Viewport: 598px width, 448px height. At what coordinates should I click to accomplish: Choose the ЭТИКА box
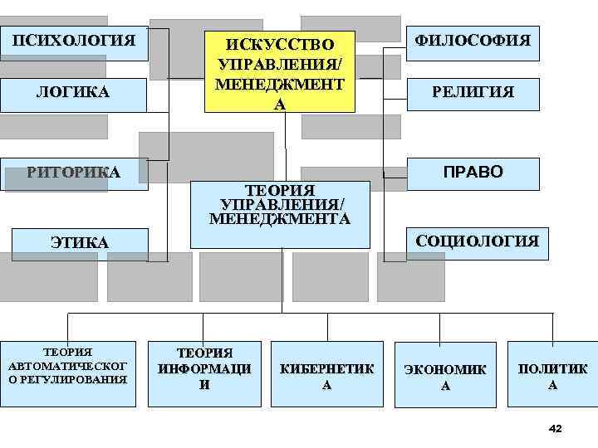[x=80, y=242]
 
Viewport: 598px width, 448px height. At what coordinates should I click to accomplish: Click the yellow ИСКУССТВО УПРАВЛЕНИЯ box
[x=282, y=72]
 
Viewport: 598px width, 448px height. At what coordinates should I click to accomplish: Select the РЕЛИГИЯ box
[x=473, y=93]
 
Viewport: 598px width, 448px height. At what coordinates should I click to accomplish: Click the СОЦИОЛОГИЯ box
[x=477, y=242]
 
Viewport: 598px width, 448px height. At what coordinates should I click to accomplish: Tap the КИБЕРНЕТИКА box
[x=326, y=376]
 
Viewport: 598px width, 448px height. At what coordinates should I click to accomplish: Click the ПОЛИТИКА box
[x=553, y=376]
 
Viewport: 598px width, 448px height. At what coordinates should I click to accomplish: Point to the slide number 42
[x=556, y=428]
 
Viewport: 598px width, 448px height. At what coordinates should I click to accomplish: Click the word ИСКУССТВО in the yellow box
[x=282, y=44]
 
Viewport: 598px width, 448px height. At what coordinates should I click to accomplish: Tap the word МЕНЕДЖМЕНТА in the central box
[x=281, y=219]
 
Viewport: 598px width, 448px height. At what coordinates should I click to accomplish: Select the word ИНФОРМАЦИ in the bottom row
[x=204, y=369]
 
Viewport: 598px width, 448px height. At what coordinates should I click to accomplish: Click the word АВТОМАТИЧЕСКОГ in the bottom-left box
[x=67, y=366]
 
